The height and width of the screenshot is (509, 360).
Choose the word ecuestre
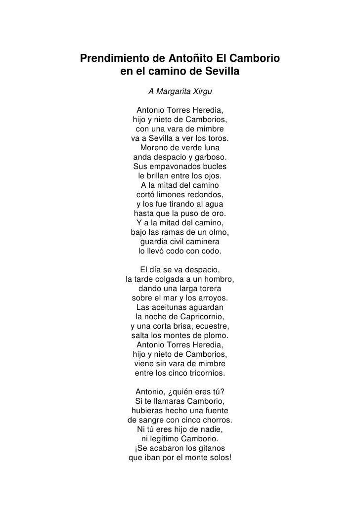click(213, 326)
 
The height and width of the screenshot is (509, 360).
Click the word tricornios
click(204, 373)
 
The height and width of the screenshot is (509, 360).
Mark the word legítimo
click(166, 439)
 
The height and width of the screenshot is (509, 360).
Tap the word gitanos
click(210, 448)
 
